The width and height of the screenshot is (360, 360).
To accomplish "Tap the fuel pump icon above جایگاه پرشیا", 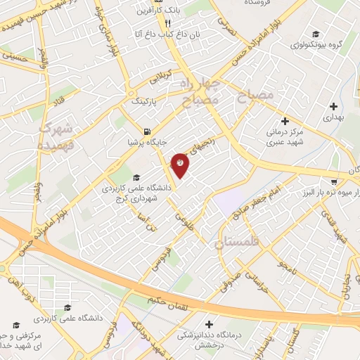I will (146, 131).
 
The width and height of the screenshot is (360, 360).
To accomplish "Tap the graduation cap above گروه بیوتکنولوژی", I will (316, 34).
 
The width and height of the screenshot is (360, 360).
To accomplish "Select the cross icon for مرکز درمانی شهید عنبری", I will (285, 120).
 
